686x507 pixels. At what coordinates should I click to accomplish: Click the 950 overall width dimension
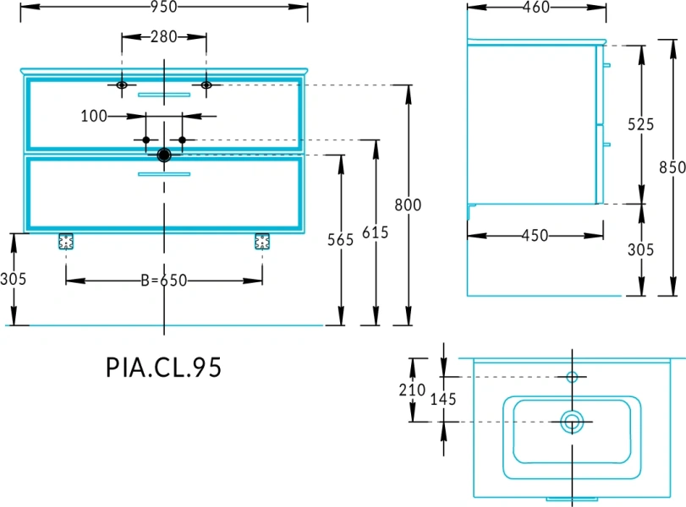(164, 8)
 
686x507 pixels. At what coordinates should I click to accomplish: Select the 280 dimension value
(164, 37)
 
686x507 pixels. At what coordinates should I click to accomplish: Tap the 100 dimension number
(94, 116)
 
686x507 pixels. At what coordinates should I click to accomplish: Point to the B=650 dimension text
(163, 281)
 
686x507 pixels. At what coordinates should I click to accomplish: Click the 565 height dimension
(340, 240)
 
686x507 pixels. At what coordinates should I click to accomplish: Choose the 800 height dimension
(408, 204)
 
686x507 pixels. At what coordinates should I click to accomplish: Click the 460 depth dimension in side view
(536, 8)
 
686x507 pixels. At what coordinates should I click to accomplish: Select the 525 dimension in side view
(641, 124)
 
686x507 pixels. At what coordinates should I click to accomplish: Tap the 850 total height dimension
(672, 167)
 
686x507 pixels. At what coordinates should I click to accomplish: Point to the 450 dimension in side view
(535, 236)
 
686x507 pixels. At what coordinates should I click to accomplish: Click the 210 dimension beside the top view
(412, 390)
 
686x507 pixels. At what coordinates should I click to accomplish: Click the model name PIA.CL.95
(163, 368)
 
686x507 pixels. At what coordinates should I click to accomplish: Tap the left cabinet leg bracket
(66, 242)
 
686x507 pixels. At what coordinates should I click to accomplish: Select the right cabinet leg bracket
(261, 242)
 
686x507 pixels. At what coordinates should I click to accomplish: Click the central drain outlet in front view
(164, 155)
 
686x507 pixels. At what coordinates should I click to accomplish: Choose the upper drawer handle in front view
(164, 95)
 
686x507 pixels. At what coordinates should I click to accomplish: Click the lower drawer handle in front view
(164, 175)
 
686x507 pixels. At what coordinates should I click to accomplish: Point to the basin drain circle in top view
(573, 421)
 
